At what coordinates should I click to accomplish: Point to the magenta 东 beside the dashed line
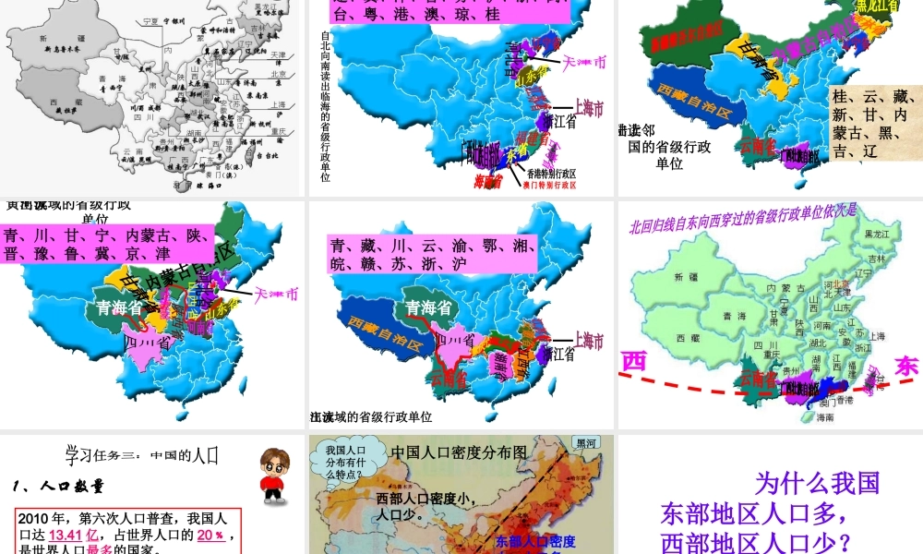(907, 367)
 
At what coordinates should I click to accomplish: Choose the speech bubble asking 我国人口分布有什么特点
(346, 463)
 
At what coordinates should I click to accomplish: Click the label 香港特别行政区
(551, 173)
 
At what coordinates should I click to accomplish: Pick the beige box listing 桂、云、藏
(875, 123)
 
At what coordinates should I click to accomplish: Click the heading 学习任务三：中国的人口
(140, 455)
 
